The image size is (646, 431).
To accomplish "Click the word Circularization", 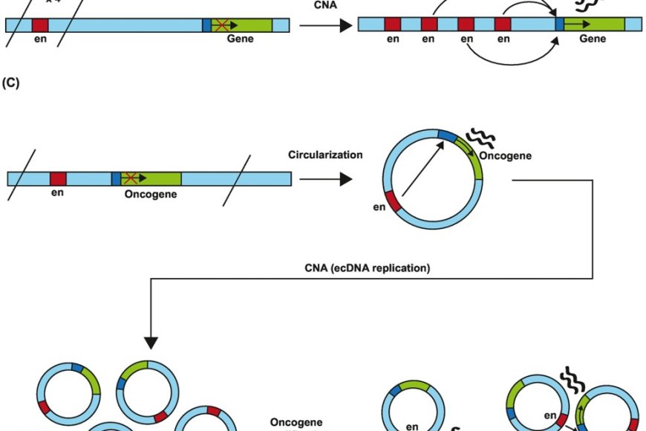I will (325, 155).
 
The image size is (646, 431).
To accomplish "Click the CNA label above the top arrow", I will (324, 7).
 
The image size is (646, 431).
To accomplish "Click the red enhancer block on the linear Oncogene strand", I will (58, 178).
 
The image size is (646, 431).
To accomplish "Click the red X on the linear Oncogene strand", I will (131, 178).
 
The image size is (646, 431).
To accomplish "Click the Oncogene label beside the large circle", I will (504, 157).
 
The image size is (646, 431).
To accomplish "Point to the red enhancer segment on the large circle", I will (394, 203).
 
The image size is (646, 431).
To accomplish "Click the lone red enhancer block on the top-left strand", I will (40, 25).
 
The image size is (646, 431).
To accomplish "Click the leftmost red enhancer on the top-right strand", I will (393, 25).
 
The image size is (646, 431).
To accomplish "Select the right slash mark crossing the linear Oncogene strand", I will (238, 176).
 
